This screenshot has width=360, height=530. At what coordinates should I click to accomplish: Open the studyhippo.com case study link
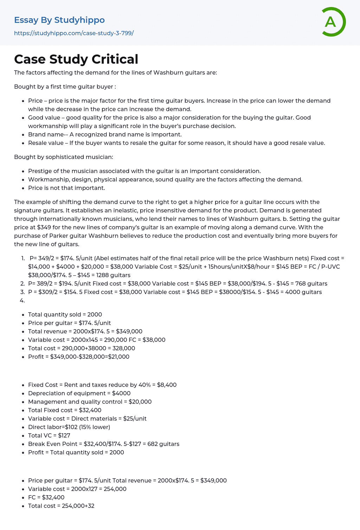click(74, 33)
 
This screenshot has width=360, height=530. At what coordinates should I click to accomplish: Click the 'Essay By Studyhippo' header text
click(59, 20)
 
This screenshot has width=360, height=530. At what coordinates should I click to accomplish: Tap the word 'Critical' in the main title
click(115, 59)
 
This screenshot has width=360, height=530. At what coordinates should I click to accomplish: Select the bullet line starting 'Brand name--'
click(105, 134)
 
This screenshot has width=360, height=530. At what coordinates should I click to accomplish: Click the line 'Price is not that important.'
click(66, 188)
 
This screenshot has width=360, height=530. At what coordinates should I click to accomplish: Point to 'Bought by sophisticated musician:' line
click(64, 157)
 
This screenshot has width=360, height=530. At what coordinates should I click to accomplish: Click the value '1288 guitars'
click(114, 275)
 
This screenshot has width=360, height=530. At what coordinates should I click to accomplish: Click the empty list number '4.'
click(22, 300)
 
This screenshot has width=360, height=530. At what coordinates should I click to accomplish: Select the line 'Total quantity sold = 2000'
click(65, 314)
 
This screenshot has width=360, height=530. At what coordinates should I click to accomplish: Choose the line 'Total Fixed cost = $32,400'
click(65, 410)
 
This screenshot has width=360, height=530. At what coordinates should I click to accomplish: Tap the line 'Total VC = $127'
click(49, 435)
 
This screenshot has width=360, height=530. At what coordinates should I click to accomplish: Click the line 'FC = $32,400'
click(46, 497)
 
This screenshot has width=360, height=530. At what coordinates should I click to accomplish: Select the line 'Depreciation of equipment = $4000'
click(79, 393)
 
